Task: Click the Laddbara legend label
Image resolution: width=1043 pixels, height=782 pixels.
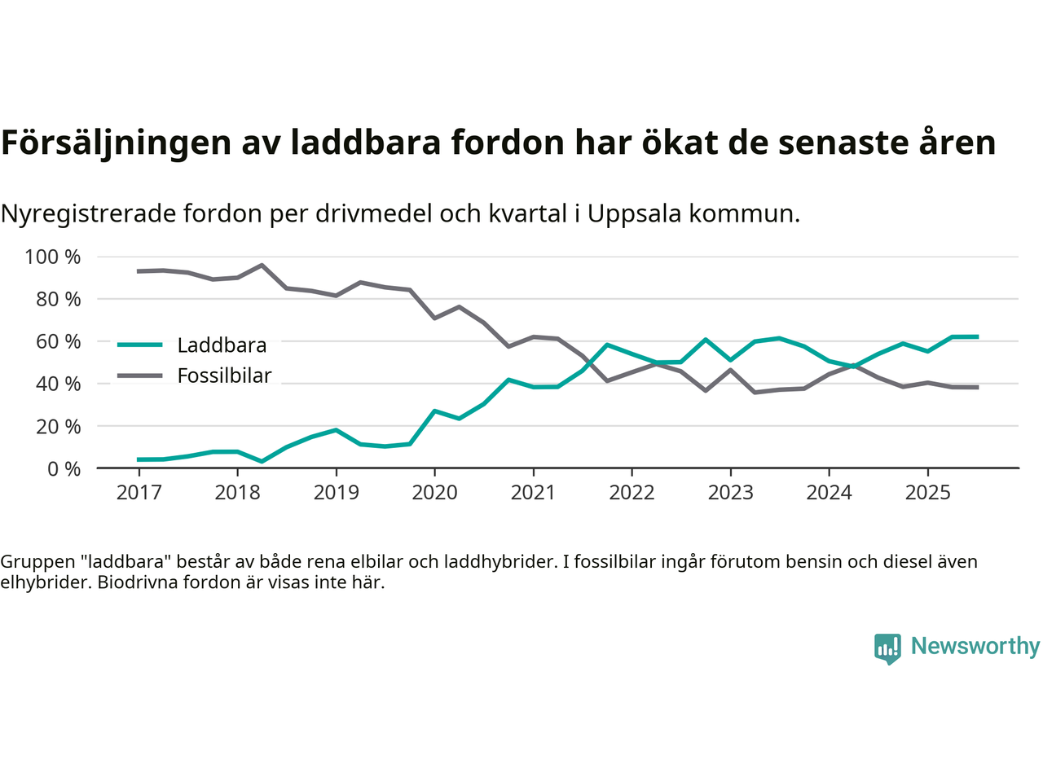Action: (222, 345)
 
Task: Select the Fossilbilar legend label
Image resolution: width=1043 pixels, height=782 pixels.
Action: (224, 376)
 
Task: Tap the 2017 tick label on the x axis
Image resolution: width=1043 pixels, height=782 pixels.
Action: (139, 493)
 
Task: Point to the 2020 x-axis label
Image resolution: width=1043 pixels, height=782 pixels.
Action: (434, 493)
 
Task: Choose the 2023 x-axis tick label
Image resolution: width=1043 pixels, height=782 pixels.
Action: (730, 493)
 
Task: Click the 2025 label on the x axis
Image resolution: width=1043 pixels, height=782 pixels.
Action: (927, 493)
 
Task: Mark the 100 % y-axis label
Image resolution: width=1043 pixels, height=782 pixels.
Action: (53, 257)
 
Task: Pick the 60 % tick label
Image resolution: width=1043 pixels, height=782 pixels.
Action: (58, 342)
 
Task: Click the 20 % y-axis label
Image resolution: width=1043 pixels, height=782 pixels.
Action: (58, 427)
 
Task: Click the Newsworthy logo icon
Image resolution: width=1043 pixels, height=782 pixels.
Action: (887, 648)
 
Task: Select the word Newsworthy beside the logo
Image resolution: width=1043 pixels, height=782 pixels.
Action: (975, 646)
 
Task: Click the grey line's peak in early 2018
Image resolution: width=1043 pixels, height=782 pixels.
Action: (262, 265)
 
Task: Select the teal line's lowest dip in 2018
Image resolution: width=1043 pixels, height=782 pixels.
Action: (262, 461)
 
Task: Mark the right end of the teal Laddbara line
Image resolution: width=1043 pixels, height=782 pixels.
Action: (977, 336)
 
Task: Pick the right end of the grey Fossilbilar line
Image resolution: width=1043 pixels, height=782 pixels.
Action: (977, 387)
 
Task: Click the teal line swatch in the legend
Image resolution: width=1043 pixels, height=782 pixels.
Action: (140, 345)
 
